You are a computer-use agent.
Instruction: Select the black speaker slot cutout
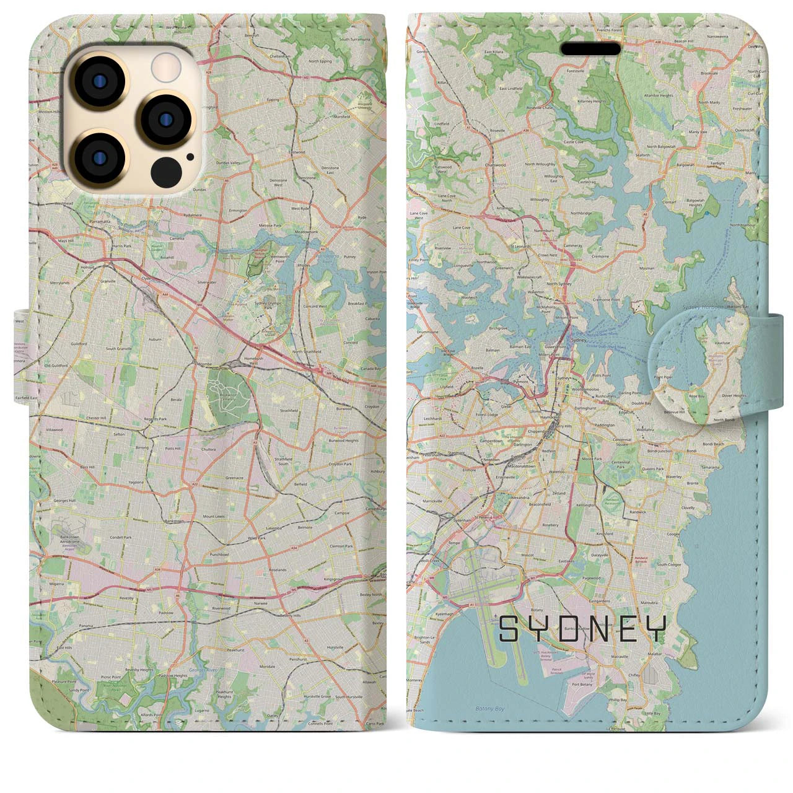590,49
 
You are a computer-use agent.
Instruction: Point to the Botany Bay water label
487,708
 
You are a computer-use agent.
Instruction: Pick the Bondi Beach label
714,444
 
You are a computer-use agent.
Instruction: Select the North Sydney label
545,284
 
